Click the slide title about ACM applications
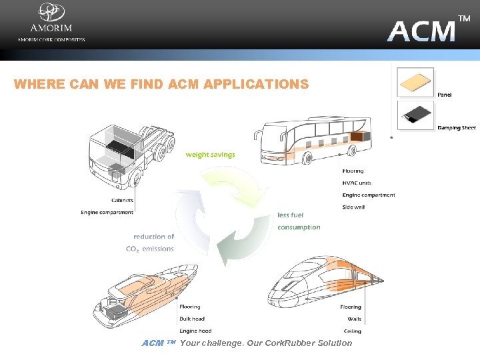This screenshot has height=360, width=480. click(161, 84)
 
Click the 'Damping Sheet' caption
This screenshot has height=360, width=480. click(457, 127)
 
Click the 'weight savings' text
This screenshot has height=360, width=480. click(210, 155)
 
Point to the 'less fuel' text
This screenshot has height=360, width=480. click(291, 215)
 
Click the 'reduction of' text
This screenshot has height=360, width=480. click(153, 237)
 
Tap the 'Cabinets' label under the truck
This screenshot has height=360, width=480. click(122, 200)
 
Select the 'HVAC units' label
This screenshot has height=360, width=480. click(357, 183)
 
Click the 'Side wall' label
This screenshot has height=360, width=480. click(353, 207)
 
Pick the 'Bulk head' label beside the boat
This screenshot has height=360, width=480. click(192, 319)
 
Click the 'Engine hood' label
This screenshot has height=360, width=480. click(195, 331)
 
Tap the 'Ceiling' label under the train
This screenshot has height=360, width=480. click(353, 331)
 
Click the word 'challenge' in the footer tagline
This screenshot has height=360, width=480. click(221, 343)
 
